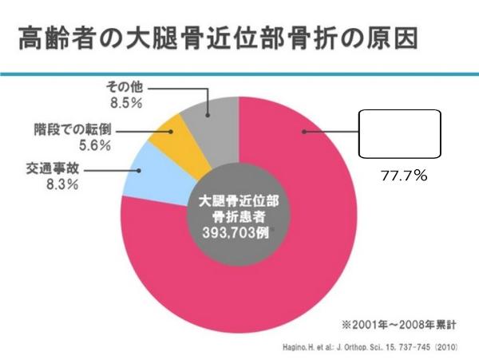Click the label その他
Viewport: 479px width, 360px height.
125,87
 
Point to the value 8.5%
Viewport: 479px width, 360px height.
125,102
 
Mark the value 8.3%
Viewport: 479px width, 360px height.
50,185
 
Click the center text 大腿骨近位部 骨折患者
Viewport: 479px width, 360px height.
237,208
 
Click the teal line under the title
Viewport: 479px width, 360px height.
239,73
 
